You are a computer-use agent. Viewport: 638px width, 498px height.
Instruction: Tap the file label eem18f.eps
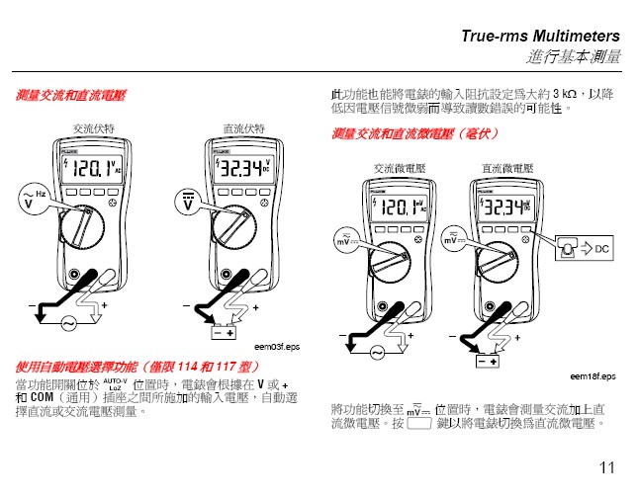point(592,376)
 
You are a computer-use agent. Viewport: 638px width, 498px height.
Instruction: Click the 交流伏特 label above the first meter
point(94,128)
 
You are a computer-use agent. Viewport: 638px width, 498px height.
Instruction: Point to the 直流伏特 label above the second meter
point(244,128)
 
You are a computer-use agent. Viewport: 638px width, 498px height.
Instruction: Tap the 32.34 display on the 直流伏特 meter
point(243,170)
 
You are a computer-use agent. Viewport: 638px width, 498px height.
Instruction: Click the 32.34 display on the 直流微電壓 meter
point(504,207)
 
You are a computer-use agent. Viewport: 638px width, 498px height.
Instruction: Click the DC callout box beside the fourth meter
point(585,247)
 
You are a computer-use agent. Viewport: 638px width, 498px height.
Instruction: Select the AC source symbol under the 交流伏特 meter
point(71,323)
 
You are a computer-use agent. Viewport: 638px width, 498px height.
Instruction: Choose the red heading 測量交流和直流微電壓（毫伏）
point(416,134)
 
